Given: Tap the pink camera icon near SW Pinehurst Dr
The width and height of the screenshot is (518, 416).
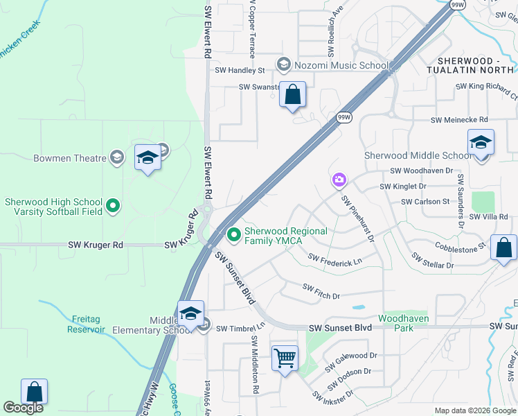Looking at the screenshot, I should coord(339,180).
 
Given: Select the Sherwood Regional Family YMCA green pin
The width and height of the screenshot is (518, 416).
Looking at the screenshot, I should coord(234,236).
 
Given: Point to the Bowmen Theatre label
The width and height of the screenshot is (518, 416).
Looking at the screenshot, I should coord(70,158).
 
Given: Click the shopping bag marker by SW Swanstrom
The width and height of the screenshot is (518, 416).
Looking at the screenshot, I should coord(293,95).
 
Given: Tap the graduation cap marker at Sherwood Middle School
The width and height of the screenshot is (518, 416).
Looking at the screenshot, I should coord(481,144).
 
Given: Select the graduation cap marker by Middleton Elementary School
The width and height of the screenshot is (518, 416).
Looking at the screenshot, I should coord(190,314).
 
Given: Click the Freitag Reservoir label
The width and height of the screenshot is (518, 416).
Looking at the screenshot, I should coord(87,324).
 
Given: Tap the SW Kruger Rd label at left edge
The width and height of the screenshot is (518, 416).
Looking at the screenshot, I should coord(95,245).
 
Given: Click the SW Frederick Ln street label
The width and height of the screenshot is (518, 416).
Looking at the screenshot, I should coord(335,260).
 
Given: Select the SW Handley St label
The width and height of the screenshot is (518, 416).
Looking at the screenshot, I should coord(240,70).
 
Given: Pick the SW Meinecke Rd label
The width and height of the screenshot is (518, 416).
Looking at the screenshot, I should coord(459,120).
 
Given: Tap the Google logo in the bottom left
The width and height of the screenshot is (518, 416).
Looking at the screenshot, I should coord(23,408).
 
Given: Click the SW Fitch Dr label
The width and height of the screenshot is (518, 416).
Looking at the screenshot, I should coord(321,291).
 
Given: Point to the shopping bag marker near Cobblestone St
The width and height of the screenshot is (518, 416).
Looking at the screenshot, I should coord(503,249).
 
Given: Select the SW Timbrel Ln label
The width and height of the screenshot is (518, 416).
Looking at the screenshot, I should coord(240,328).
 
